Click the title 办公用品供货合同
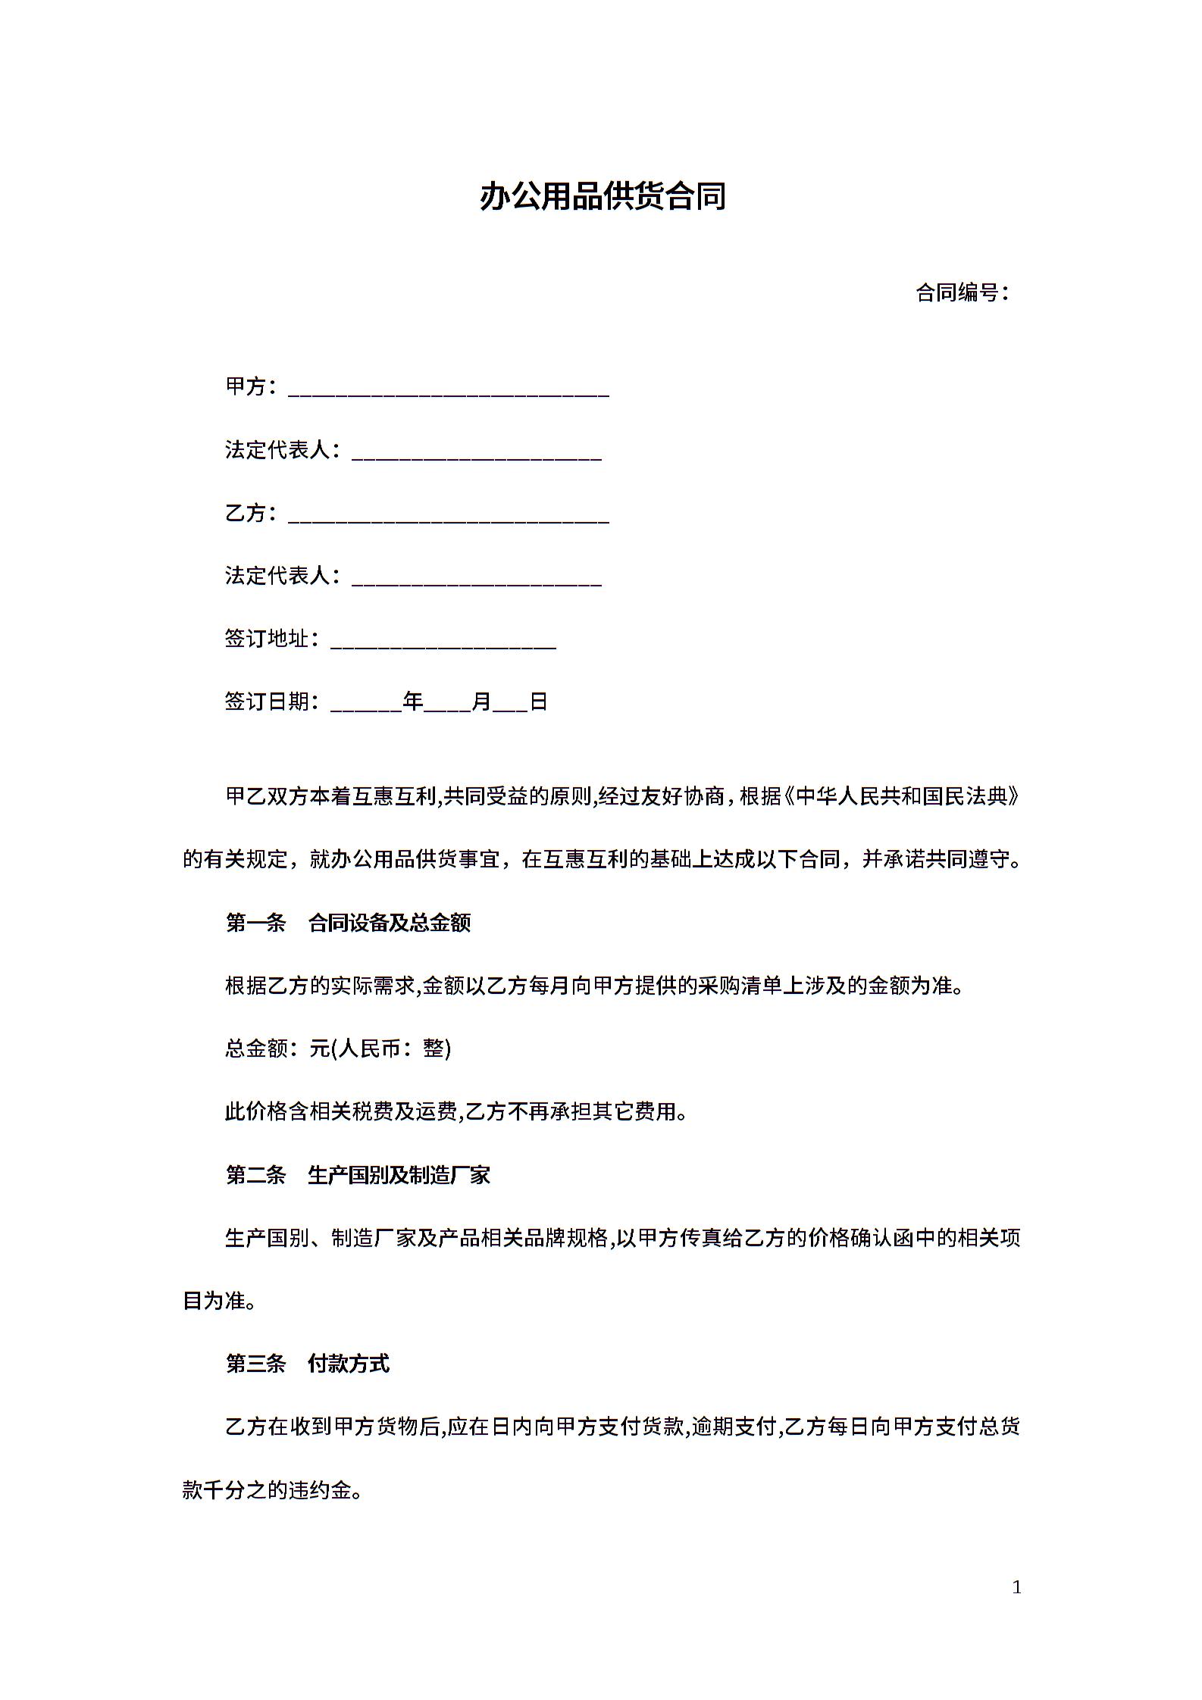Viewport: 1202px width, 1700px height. click(x=603, y=196)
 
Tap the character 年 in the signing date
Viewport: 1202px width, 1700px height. click(x=413, y=702)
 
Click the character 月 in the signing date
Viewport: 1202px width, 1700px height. click(x=481, y=702)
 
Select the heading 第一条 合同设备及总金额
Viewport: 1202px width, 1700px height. click(x=348, y=923)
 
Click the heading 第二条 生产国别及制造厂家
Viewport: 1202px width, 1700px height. click(x=358, y=1175)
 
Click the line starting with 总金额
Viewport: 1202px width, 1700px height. click(x=338, y=1048)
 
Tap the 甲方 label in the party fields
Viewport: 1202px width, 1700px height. click(x=246, y=386)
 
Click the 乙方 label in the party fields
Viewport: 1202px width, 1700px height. click(x=246, y=513)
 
